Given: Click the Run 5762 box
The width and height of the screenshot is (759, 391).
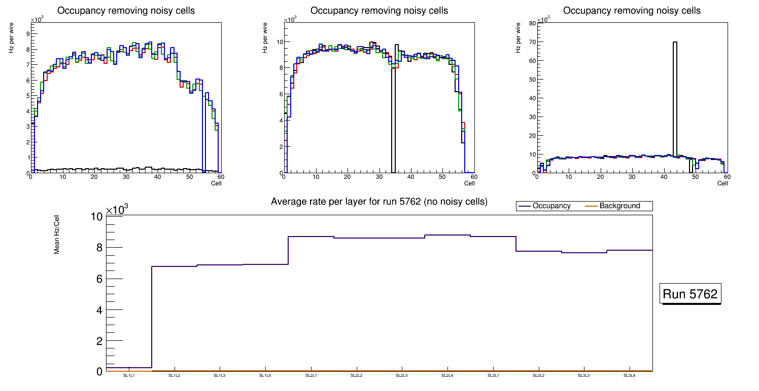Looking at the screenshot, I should (690, 294).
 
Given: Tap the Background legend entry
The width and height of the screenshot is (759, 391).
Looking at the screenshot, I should (619, 206).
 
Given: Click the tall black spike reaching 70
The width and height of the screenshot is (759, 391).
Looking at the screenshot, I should (675, 96).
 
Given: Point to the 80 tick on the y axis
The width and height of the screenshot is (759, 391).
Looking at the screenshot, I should (532, 23).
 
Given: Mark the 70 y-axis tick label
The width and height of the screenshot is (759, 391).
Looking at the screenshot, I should (532, 42).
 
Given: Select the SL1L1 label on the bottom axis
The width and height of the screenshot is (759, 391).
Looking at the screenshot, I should (129, 375).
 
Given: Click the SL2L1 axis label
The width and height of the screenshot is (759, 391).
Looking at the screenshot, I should (311, 375).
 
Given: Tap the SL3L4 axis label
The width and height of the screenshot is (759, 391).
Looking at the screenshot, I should (630, 375).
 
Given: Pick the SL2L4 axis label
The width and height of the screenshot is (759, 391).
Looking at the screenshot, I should (447, 375).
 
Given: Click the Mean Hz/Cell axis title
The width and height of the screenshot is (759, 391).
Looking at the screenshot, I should (57, 234).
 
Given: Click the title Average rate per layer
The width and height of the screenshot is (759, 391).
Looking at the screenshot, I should (379, 202).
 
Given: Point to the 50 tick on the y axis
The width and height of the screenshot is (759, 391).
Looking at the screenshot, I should (532, 80).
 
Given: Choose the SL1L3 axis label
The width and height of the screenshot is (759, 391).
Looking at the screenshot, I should (220, 375).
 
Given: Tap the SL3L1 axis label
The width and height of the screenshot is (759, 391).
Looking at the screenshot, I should (493, 375).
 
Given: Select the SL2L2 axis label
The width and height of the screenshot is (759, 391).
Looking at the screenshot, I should (357, 375).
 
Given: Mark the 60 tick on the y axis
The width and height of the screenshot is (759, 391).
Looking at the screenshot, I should (532, 61).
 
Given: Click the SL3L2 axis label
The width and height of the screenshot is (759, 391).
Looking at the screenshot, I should (539, 375).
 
